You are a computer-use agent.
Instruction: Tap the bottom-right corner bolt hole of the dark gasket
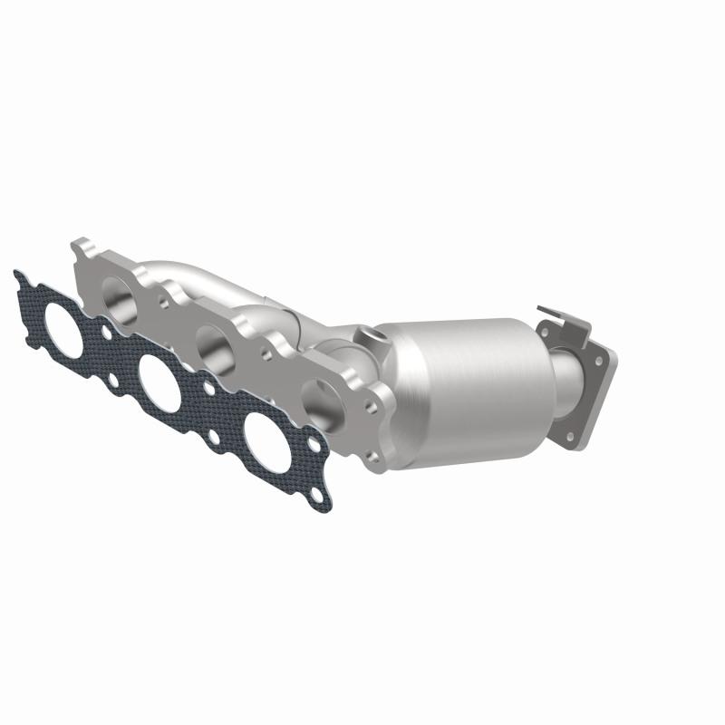pos(315,494)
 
